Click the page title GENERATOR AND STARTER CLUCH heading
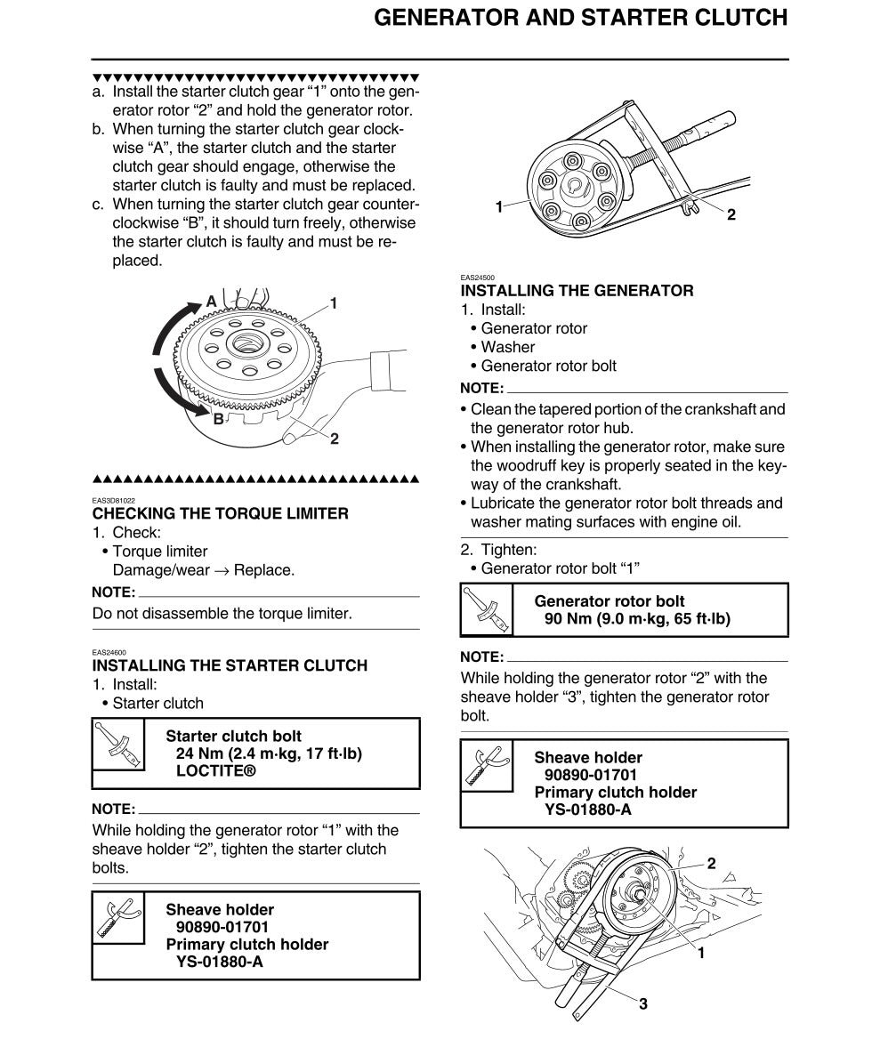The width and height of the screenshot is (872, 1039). [x=580, y=18]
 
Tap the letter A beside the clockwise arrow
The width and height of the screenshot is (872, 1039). [x=211, y=302]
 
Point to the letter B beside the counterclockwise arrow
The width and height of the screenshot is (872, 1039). [x=218, y=418]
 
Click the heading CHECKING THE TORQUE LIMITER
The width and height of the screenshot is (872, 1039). [x=220, y=513]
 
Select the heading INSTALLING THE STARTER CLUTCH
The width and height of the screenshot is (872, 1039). [x=230, y=665]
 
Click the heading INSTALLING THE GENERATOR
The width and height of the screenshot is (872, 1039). [x=577, y=291]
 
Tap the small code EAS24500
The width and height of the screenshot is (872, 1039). [x=477, y=278]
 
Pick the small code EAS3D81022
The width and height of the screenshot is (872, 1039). [x=114, y=500]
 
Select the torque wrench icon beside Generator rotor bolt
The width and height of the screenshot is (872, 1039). [x=487, y=610]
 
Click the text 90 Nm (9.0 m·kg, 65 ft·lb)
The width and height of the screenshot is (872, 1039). [x=636, y=619]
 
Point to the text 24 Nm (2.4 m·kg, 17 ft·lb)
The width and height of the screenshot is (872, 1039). [x=269, y=753]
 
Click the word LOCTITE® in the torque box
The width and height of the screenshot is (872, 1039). [x=215, y=771]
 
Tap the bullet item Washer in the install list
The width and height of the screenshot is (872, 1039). [x=507, y=347]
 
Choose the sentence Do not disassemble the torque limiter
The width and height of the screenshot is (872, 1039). [x=222, y=613]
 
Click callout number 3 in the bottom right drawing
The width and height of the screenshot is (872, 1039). [x=642, y=1004]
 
